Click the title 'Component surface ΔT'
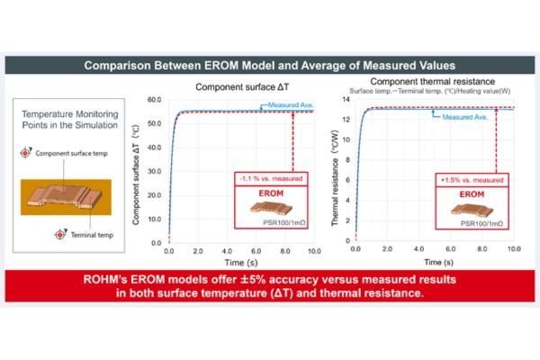click(235, 86)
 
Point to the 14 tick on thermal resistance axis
click(347, 99)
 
